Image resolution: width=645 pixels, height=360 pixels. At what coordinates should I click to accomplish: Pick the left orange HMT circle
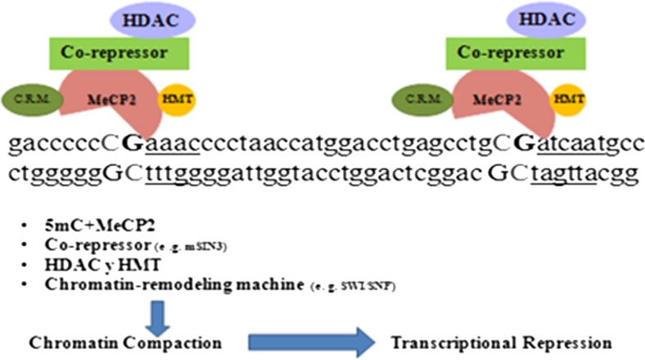click(178, 97)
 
